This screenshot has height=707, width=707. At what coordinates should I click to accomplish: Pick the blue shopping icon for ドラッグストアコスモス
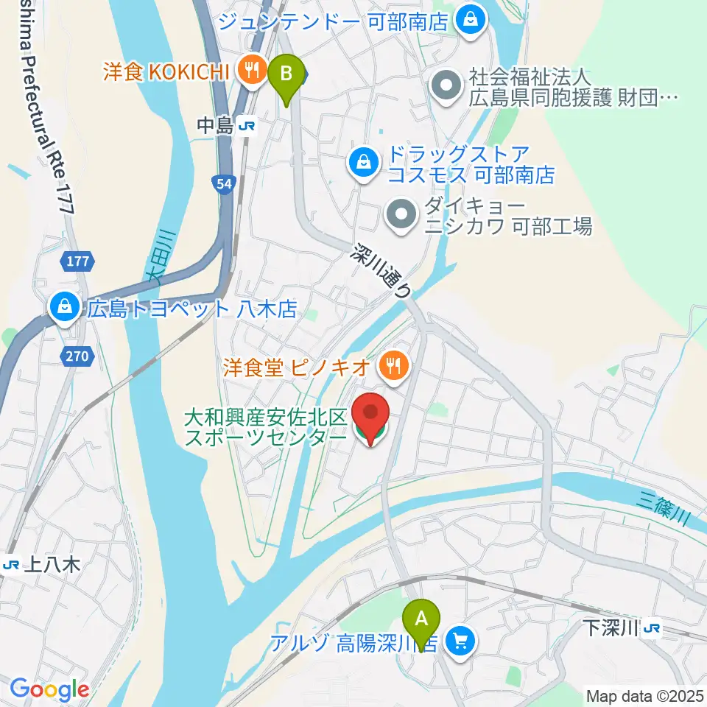[x=363, y=163]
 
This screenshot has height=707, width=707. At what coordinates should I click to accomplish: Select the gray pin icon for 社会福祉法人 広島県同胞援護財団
[x=446, y=85]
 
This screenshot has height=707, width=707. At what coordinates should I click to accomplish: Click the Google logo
[x=49, y=689]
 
